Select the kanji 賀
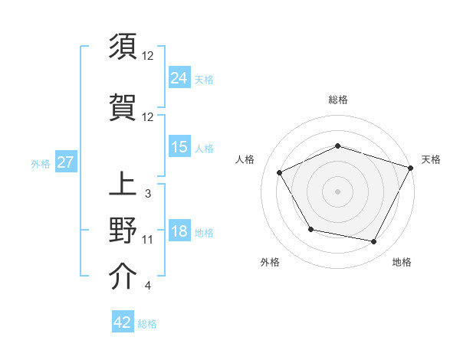coord(123,107)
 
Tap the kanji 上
coord(123,186)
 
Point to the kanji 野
coord(123,230)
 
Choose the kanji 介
coord(123,277)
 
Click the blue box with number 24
coord(179,78)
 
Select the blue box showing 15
coord(179,147)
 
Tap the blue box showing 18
coord(179,232)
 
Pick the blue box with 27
coord(65,162)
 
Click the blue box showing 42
coord(123,322)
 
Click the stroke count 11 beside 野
coord(148,240)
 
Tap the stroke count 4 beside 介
coord(147,286)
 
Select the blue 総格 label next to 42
coord(147,324)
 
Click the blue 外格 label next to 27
coord(41,163)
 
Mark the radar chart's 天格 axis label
coord(431,159)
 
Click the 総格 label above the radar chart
coord(337,100)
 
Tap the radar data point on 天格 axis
coord(412,167)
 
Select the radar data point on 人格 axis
coord(280,173)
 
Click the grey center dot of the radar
coord(337,191)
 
